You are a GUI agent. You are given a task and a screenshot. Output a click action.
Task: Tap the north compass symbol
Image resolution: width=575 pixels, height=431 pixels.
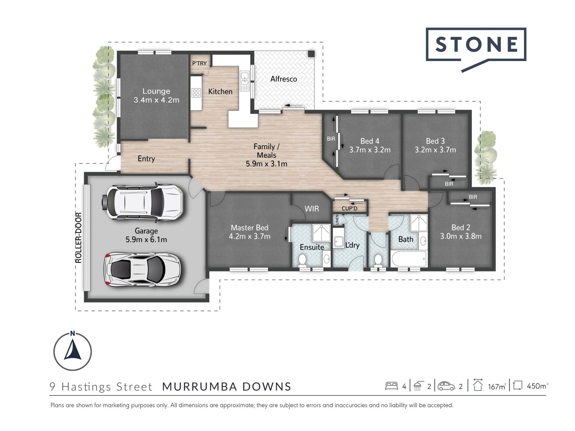72,350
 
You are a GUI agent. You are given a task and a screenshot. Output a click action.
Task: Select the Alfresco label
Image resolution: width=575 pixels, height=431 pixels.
284,79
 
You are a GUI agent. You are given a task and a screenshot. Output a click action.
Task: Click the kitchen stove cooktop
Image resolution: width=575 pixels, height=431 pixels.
196,93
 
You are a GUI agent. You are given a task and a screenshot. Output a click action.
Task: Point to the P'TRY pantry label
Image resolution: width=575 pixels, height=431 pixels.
199,63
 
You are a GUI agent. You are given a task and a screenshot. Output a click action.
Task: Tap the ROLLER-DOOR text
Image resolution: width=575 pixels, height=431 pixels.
78,238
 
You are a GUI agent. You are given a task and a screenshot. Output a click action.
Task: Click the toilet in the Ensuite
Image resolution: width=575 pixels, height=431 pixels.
302,260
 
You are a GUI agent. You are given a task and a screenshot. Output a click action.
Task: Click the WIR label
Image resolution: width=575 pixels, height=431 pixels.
312,209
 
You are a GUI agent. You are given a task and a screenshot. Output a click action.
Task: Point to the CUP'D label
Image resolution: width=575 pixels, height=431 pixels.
349,208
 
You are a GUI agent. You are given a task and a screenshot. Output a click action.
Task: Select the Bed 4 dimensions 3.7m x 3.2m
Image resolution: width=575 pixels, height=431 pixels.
370,150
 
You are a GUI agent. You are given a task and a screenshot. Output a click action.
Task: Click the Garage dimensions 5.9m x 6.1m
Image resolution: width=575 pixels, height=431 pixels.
146,239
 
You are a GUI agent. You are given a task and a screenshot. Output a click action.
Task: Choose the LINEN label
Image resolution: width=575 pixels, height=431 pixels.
337,220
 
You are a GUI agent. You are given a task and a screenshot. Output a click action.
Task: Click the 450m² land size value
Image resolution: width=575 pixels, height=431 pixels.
538,386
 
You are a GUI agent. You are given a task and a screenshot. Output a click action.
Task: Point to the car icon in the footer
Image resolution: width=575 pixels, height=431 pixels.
446,386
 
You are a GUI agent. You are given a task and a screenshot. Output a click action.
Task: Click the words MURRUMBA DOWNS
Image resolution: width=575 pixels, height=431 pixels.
227,386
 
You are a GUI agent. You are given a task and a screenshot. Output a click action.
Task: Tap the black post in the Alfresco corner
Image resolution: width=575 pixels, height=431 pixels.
311,54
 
